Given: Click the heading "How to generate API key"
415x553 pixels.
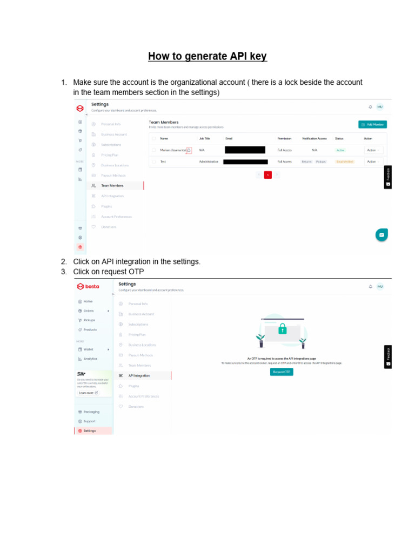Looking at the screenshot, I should pos(207,56).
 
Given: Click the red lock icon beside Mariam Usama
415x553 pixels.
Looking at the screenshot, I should pos(189,151).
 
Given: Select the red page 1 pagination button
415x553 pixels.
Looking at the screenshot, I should pos(267,174).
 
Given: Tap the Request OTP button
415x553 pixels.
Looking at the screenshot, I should pos(282,372).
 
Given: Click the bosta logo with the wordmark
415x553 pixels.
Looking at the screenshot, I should pos(88,286).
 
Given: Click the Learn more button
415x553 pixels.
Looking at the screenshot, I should pos(89,393).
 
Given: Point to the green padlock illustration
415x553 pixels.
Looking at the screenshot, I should pos(282,329).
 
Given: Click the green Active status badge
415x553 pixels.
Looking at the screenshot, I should pos(340,150).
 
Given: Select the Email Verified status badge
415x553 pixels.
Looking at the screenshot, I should pos(344,161).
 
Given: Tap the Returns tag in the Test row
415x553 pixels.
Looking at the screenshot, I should pos(307,161).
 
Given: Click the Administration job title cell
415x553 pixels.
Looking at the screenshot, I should pos(209,161).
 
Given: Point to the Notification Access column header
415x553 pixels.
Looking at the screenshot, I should pos(314,139).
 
